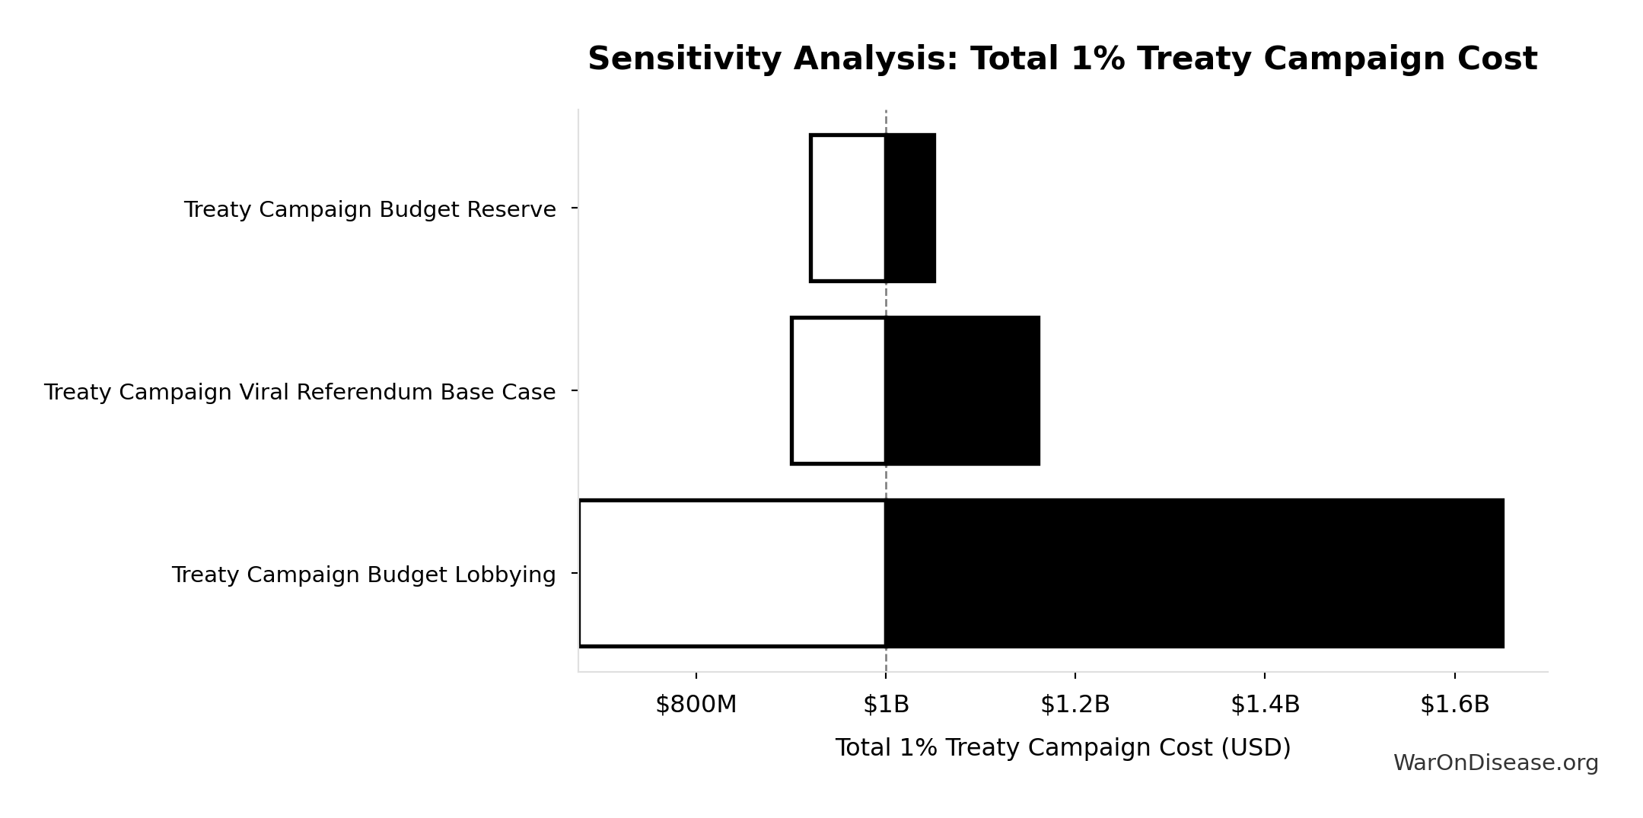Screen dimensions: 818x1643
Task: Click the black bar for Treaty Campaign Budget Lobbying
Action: click(1194, 573)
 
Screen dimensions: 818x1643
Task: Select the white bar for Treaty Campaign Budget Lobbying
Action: click(732, 573)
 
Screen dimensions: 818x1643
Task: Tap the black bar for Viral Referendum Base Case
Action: click(962, 390)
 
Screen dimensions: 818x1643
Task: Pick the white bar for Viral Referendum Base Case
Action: click(839, 390)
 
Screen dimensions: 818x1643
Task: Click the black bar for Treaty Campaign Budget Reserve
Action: click(910, 208)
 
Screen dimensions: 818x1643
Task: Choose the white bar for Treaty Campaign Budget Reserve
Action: click(848, 208)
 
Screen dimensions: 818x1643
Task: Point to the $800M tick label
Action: click(696, 705)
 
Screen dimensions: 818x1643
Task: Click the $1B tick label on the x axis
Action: click(886, 705)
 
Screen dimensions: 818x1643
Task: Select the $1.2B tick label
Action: click(1075, 705)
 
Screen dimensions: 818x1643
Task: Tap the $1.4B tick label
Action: click(1265, 705)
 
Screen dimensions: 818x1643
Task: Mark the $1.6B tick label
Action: click(1454, 705)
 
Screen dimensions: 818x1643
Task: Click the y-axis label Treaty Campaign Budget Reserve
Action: click(370, 209)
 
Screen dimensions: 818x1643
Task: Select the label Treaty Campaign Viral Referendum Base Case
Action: click(300, 392)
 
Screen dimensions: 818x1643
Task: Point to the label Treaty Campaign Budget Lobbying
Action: click(364, 575)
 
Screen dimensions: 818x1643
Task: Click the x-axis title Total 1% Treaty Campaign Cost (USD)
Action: click(1062, 748)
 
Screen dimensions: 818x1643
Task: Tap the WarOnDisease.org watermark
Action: click(1495, 763)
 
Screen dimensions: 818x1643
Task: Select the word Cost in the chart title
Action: click(1497, 59)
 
